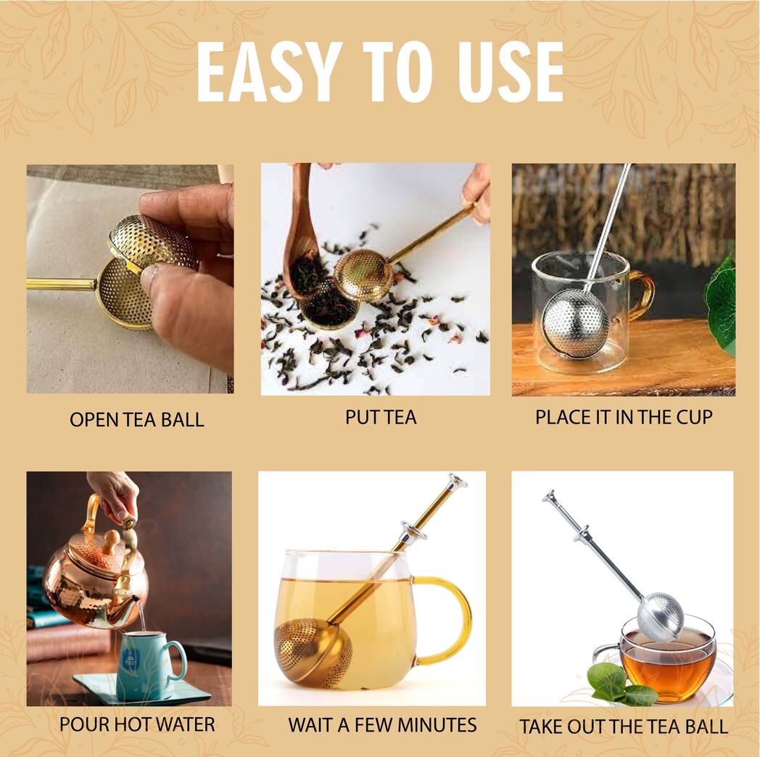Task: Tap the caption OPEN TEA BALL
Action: pos(137,419)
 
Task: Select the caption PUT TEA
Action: pos(381,417)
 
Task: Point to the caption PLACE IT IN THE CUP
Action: pos(624,417)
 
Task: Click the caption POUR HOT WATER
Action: pos(137,724)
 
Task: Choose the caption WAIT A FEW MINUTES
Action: pos(382,724)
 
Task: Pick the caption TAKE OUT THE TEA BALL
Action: pos(624,727)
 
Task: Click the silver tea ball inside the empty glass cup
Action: pos(575,323)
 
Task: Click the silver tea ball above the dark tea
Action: pos(660,616)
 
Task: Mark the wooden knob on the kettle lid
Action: pos(109,540)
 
